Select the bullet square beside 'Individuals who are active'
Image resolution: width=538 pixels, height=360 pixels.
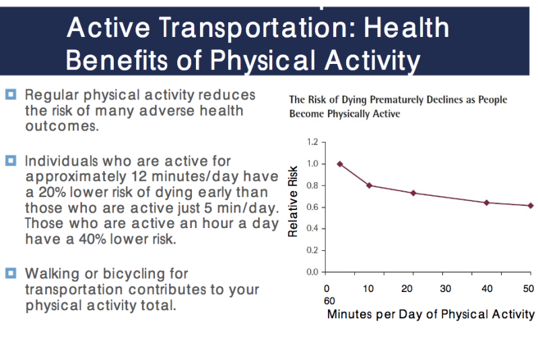(x=10, y=161)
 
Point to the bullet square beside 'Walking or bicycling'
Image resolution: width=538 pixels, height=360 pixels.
(x=10, y=273)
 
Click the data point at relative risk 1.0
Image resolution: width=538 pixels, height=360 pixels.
(x=339, y=164)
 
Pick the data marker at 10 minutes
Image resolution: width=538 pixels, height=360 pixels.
(x=369, y=185)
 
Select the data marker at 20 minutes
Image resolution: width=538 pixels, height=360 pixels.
(x=413, y=193)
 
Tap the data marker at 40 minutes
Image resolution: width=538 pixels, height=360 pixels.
(x=486, y=203)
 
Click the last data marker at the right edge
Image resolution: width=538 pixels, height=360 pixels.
(x=531, y=205)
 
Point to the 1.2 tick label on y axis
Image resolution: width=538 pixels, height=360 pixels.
(x=311, y=142)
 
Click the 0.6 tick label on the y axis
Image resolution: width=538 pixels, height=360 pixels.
(x=311, y=207)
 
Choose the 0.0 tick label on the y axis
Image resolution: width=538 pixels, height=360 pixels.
(x=311, y=272)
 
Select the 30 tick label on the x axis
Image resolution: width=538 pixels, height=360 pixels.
(x=445, y=288)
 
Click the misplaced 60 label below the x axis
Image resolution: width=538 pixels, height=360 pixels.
(x=330, y=301)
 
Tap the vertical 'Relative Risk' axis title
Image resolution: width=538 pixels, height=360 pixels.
(x=293, y=202)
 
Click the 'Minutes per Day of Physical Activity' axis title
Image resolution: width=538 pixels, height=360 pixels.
(x=430, y=314)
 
